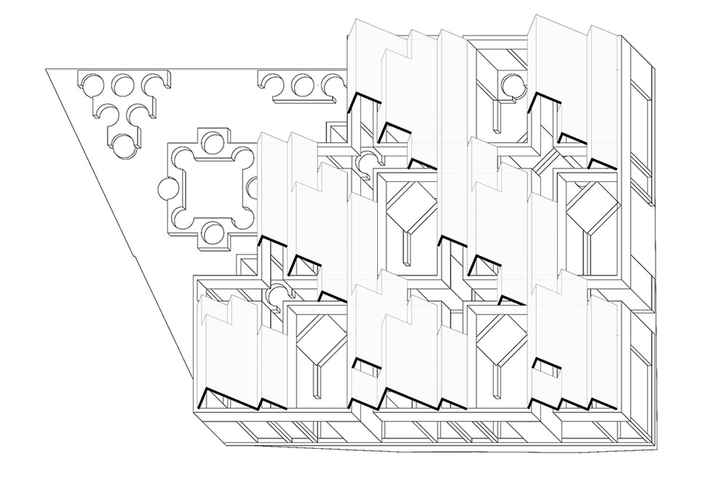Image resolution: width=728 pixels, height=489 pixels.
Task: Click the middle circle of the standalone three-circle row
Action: pyautogui.click(x=302, y=86)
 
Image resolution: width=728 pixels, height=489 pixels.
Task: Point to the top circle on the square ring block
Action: pyautogui.click(x=212, y=140)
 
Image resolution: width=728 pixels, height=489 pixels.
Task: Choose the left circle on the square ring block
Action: pyautogui.click(x=167, y=188)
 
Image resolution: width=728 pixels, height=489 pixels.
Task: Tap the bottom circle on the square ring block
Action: pyautogui.click(x=212, y=233)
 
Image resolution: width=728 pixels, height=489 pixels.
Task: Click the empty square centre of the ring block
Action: pyautogui.click(x=211, y=188)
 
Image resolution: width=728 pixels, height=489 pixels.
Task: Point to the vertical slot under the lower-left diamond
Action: pyautogui.click(x=319, y=381)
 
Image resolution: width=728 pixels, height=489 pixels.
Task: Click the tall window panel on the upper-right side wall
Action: pyautogui.click(x=641, y=124)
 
